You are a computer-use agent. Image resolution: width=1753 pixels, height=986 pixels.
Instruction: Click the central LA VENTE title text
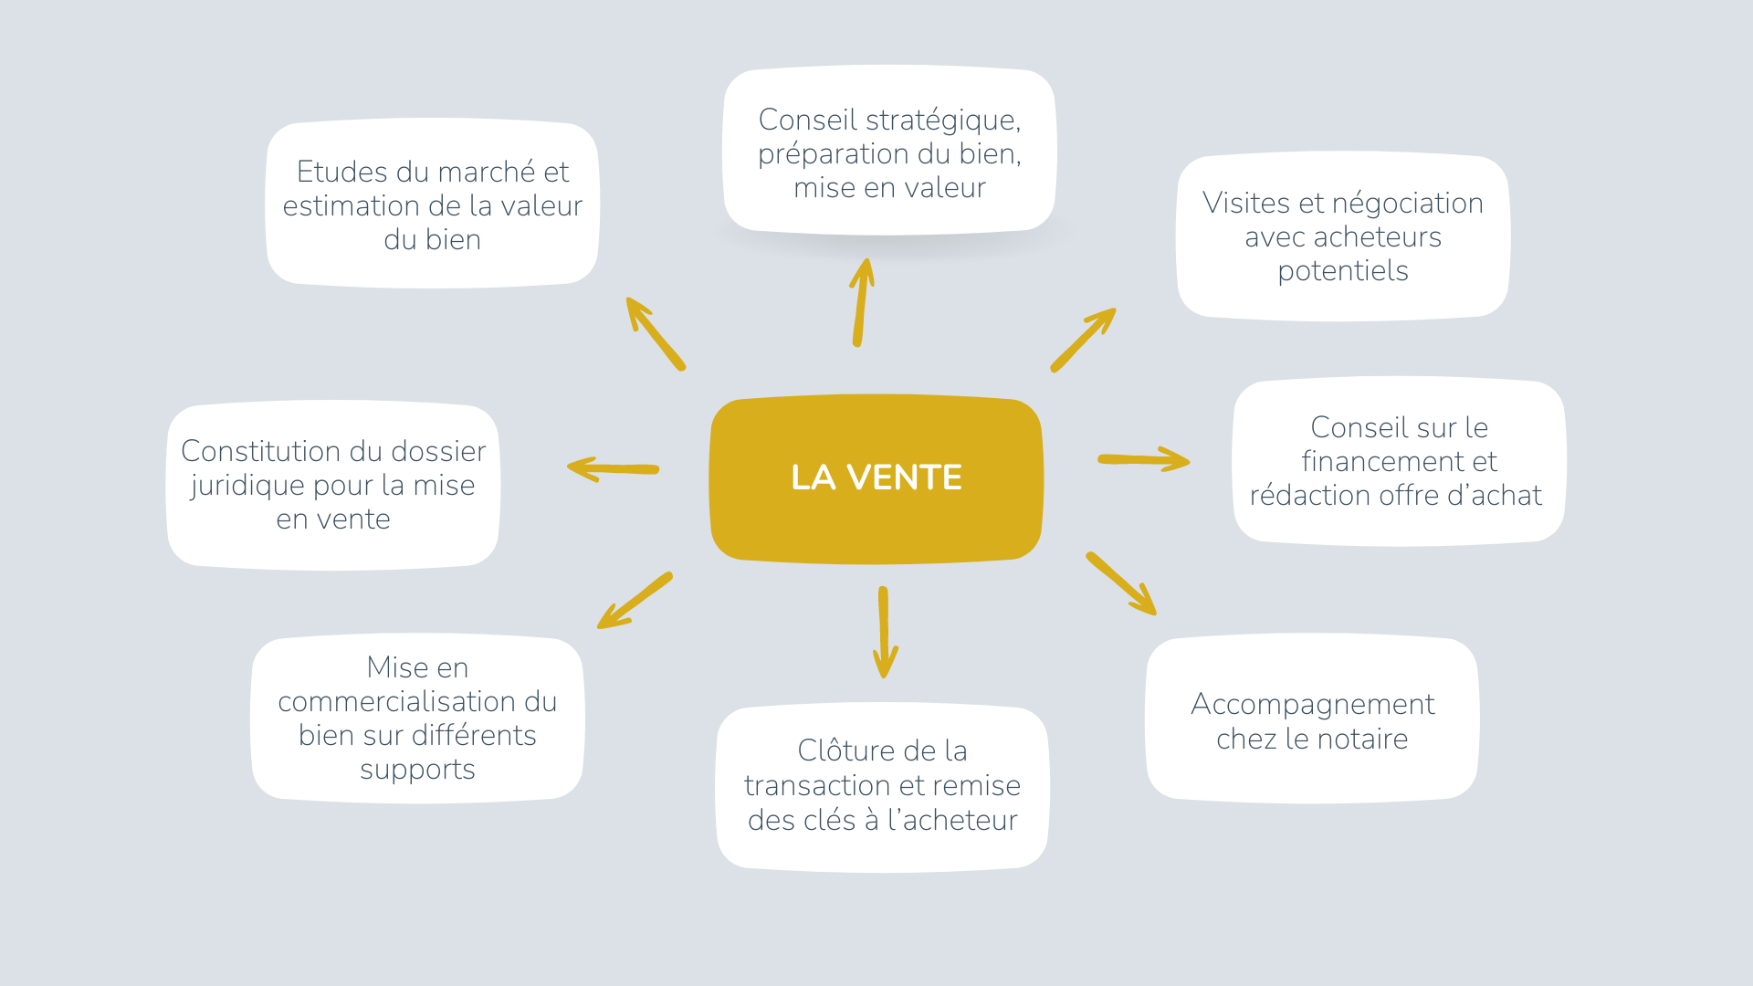point(876,477)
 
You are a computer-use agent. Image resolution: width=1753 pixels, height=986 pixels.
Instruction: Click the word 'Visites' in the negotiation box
point(1246,203)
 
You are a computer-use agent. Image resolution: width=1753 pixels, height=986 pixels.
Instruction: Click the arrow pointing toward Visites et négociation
point(1083,340)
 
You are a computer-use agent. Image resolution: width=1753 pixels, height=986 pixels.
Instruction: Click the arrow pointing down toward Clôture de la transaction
point(884,632)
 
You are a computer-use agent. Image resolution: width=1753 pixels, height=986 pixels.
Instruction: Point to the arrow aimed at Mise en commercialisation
point(635,601)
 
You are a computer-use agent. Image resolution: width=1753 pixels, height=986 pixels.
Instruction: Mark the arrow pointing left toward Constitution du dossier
point(613,469)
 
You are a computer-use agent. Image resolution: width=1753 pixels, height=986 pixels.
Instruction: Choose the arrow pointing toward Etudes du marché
point(655,333)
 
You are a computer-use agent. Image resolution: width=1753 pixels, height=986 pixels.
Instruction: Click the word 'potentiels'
point(1342,271)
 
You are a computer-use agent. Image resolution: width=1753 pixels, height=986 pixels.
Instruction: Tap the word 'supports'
point(417,770)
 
